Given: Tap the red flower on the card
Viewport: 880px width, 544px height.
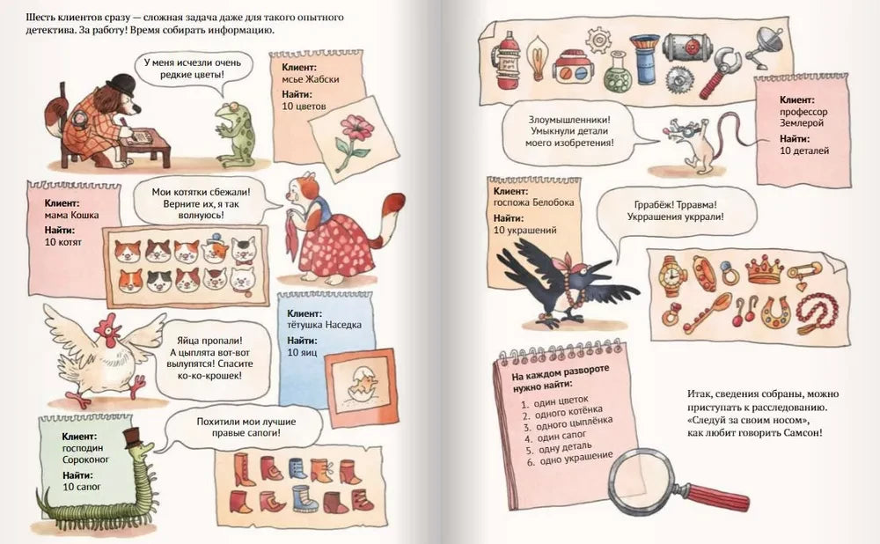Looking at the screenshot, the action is tap(353, 127).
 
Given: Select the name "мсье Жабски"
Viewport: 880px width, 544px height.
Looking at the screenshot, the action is tap(311, 79).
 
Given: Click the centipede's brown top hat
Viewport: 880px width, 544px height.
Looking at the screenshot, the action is tap(133, 437).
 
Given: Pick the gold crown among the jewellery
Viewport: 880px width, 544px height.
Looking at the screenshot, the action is tap(764, 269).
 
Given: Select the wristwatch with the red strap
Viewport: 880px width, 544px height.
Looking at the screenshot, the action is tap(671, 276).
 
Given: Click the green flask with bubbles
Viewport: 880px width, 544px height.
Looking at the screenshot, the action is tap(618, 73).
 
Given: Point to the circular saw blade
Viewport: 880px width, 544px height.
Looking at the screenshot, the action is tap(679, 80).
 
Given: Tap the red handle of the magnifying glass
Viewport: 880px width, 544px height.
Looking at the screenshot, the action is tap(718, 495).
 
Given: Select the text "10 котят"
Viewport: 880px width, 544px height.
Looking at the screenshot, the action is tap(62, 243).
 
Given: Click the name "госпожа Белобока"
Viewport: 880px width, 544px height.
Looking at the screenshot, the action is tap(534, 202).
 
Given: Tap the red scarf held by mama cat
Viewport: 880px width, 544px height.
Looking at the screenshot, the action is tap(293, 236).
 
